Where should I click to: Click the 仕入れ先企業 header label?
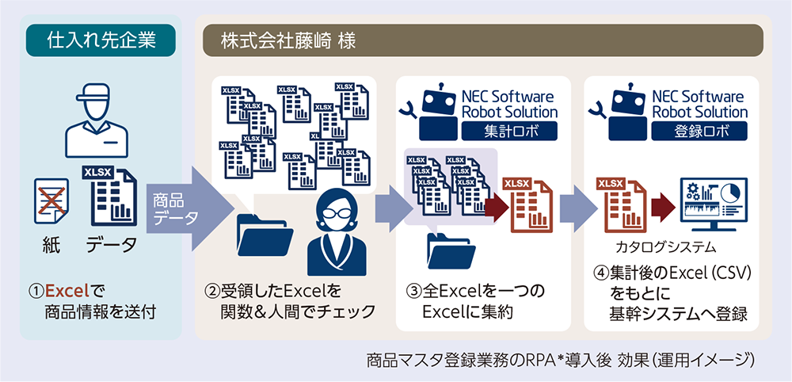coord(100,39)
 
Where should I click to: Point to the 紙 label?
coord(51,243)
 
